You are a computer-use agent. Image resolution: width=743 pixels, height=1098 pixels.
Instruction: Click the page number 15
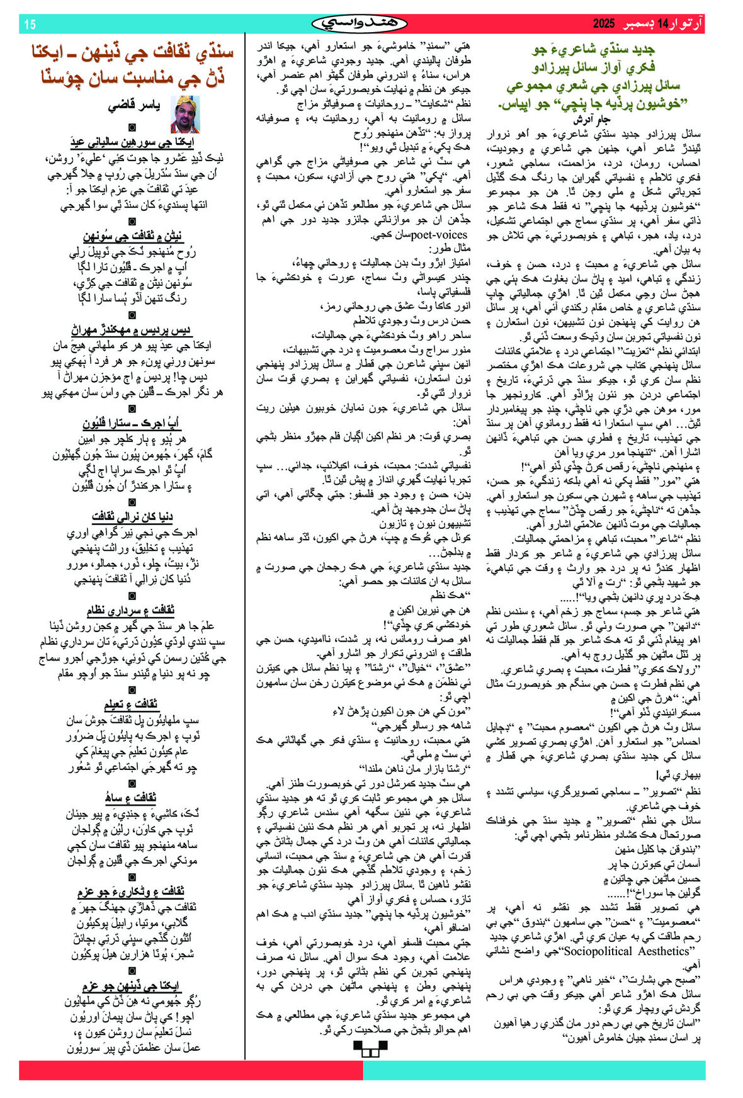(30, 25)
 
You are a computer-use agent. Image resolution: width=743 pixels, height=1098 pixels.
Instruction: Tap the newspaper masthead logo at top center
(360, 24)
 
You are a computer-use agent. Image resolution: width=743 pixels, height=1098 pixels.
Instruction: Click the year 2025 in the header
(603, 25)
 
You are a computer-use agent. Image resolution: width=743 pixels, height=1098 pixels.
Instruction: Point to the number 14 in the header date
(662, 25)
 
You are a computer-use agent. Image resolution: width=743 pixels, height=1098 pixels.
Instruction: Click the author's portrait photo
(185, 114)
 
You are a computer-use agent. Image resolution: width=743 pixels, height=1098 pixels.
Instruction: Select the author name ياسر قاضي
(135, 106)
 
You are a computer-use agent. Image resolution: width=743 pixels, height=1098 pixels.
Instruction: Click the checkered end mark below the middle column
(370, 1048)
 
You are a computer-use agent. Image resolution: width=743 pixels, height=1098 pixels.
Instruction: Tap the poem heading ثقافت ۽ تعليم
(131, 704)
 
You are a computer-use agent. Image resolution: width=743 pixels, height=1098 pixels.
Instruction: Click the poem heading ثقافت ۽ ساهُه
(132, 798)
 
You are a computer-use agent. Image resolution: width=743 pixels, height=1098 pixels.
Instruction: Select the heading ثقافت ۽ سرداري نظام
(131, 610)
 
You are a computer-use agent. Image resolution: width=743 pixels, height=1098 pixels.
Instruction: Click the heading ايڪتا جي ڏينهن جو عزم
(131, 986)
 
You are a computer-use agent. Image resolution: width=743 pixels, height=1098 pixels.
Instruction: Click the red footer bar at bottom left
(189, 1070)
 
